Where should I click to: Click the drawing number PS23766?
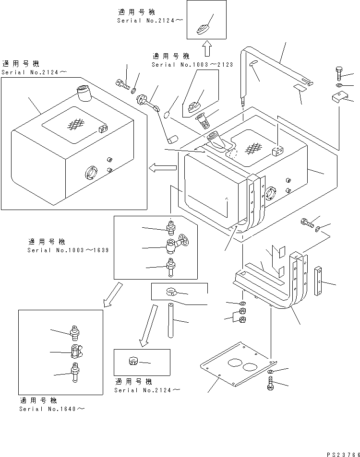[340, 451]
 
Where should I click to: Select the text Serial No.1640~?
[53, 409]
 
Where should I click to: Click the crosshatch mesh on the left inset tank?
[73, 124]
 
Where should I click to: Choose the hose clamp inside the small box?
[172, 291]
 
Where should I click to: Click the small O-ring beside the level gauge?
[166, 114]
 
